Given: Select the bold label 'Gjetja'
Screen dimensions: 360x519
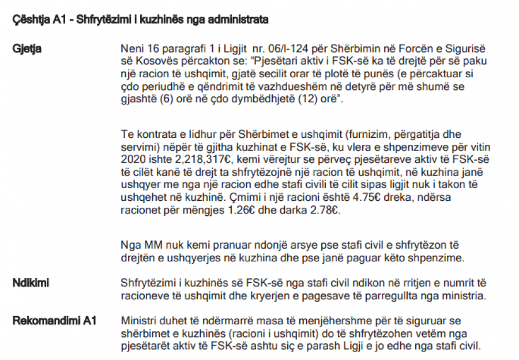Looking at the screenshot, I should [x=27, y=48].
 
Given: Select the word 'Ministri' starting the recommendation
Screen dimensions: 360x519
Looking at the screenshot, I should [x=138, y=320].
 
